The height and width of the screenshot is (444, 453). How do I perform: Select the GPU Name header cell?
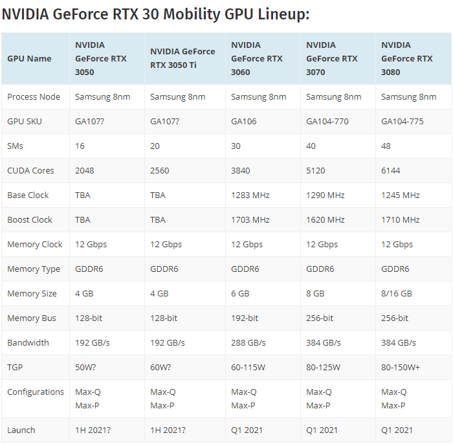tap(29, 58)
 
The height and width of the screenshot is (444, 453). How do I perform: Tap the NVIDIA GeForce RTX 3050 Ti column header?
tap(182, 58)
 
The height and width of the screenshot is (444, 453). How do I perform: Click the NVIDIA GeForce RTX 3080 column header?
tap(407, 58)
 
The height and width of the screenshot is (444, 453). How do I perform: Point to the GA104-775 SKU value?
tap(403, 121)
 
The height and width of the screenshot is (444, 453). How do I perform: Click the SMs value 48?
tap(386, 146)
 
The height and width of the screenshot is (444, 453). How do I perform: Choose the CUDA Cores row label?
tap(30, 170)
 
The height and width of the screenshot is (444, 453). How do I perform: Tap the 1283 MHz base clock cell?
tap(250, 195)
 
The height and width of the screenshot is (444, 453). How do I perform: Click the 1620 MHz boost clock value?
tap(326, 219)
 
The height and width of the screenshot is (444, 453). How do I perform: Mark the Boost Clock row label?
tap(30, 219)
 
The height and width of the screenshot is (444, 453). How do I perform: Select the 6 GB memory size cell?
tap(240, 293)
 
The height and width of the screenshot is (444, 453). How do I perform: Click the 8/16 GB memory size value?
tap(397, 293)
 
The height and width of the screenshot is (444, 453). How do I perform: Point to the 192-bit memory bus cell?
tap(245, 318)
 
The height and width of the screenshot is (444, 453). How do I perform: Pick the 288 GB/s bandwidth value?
tap(249, 342)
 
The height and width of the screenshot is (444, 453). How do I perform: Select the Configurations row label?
tap(36, 392)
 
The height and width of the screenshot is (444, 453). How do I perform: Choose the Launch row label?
tap(21, 430)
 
